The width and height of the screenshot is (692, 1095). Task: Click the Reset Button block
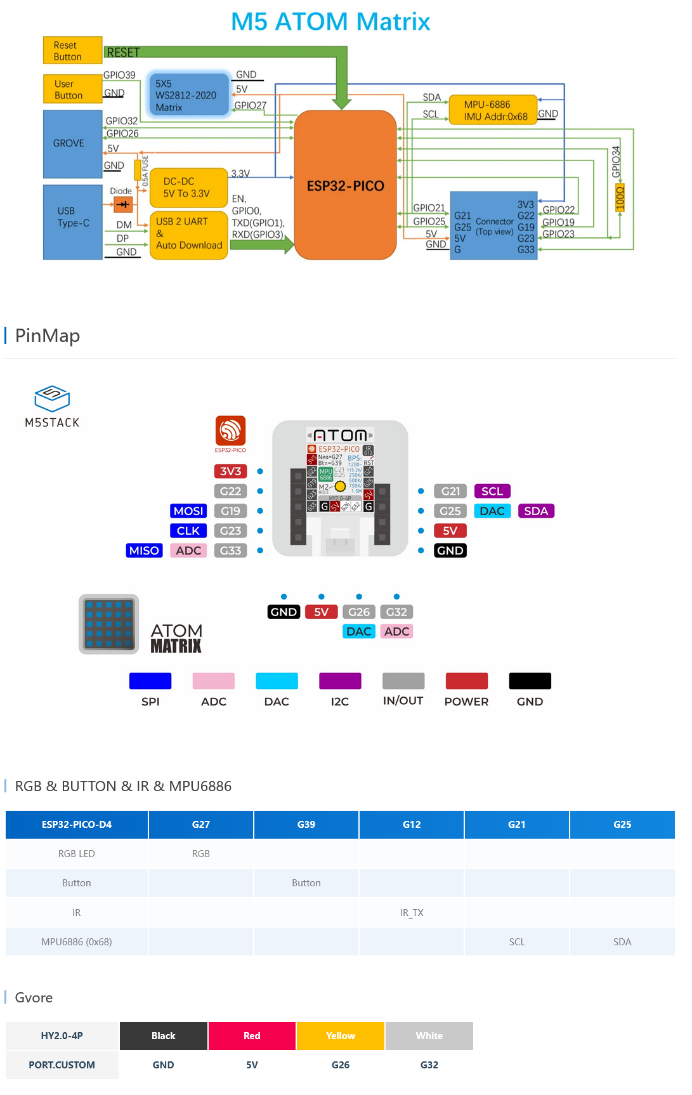pos(72,51)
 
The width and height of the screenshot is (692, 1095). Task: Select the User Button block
pos(72,89)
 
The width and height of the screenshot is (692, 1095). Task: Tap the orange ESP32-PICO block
pos(346,185)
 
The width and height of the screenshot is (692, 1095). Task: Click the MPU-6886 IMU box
pos(493,110)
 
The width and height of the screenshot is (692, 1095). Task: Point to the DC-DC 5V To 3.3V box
pos(188,188)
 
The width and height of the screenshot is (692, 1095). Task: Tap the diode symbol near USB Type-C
pos(122,204)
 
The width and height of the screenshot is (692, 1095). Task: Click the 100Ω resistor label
pos(620,197)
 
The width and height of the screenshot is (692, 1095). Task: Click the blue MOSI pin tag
pos(188,511)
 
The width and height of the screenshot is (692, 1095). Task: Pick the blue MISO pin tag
pos(144,551)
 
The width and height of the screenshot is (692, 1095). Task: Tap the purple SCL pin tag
pos(492,492)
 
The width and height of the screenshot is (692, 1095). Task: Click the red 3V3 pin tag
pos(230,471)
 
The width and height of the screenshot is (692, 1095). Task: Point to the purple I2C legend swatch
pos(340,681)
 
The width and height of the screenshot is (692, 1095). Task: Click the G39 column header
pos(306,825)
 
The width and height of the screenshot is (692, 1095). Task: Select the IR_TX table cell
pos(412,913)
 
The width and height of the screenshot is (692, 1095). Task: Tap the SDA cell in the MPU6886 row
pos(622,942)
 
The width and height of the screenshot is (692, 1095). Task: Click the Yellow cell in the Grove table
pos(341,1036)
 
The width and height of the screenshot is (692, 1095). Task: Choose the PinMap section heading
pos(48,336)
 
